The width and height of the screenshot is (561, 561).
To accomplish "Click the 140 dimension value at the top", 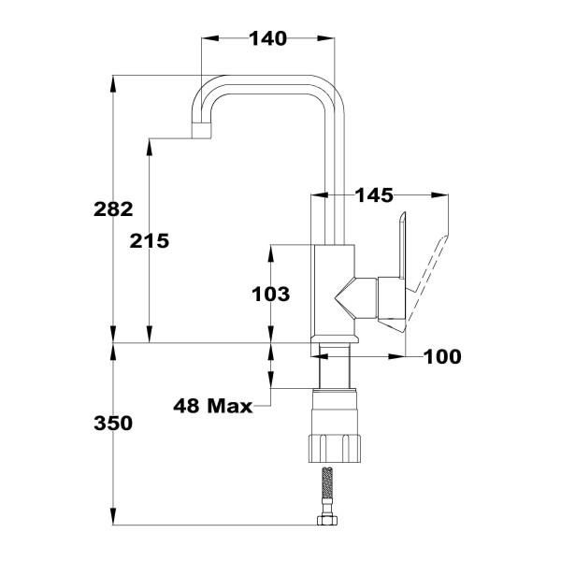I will [x=266, y=38].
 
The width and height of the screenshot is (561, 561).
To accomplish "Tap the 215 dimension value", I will [x=150, y=240].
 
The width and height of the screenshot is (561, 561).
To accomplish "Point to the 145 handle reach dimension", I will [x=374, y=195].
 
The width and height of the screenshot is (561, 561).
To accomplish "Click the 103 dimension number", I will [x=271, y=295].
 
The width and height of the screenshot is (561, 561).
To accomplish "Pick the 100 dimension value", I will [x=441, y=356].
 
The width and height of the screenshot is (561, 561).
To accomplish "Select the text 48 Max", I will [x=214, y=406].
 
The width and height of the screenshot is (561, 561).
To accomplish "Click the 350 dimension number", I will [x=114, y=424].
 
